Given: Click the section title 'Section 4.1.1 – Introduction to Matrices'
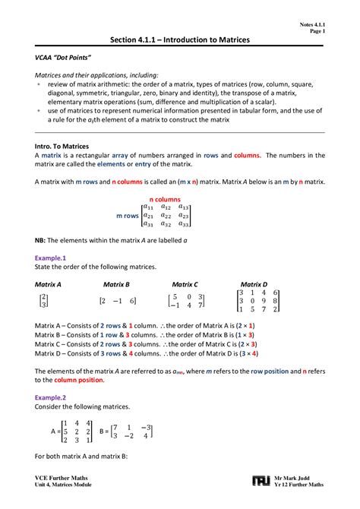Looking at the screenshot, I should pos(180,40).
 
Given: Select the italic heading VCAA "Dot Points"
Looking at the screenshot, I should pos(60,58).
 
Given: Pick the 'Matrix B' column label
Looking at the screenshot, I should pos(116,283).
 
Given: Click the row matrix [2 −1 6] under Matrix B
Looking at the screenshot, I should pos(118,301).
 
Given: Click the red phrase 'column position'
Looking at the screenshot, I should pos(77,380).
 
